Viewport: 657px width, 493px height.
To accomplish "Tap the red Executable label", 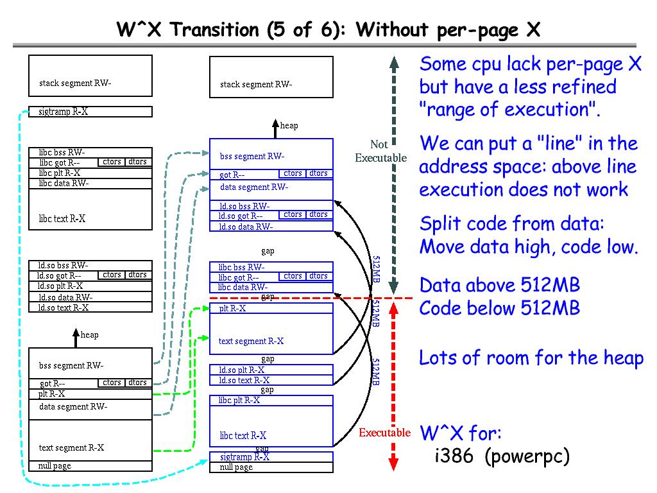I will (x=384, y=433).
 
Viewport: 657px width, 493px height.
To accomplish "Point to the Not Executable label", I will (x=380, y=151).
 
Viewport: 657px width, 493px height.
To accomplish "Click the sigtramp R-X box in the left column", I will (x=90, y=112).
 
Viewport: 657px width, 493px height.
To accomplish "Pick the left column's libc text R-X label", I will (x=62, y=219).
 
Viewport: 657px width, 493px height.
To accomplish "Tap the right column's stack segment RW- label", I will (x=256, y=85).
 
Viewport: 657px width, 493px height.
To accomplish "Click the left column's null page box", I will (x=90, y=466).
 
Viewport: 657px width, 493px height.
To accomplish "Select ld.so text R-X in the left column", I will (x=63, y=307).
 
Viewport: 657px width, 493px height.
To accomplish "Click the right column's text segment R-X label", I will (x=251, y=342).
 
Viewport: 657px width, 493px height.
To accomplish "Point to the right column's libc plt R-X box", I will (x=271, y=401).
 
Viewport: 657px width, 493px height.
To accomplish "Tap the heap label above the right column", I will (x=289, y=126).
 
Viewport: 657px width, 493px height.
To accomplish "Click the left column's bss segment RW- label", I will (x=71, y=366).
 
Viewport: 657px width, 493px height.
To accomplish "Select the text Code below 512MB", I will (x=500, y=308).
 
